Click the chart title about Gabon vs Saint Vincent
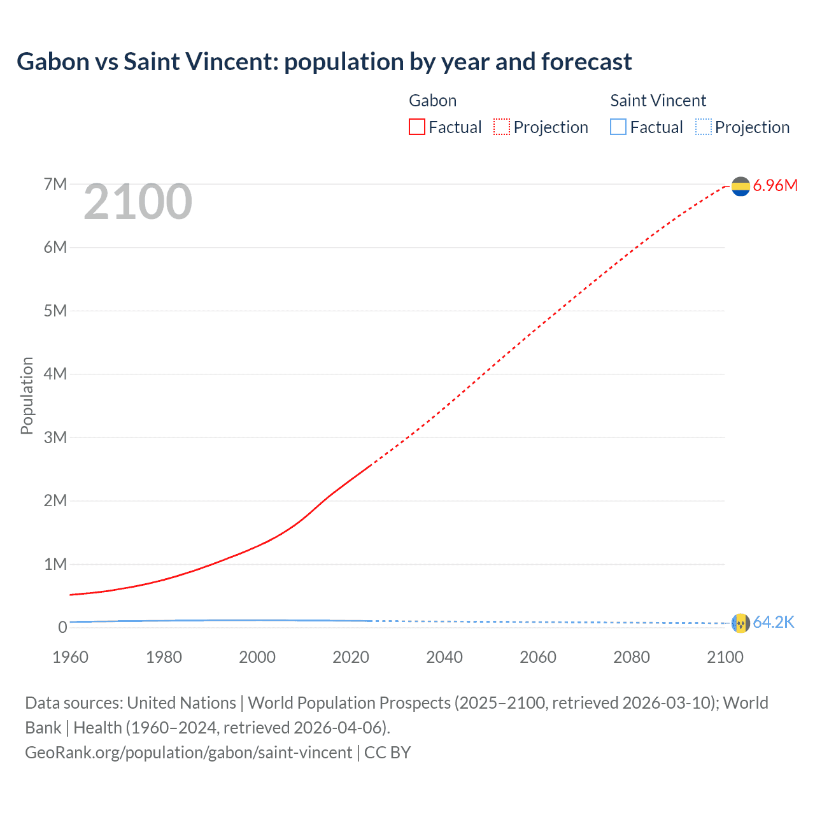coord(324,62)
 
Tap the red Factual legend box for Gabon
coord(416,127)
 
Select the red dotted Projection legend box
coord(502,127)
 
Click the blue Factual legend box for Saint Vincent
coord(618,127)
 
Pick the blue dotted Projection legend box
coord(704,127)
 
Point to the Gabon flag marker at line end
coord(741,186)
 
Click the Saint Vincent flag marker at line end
coord(741,623)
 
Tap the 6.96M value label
coord(775,186)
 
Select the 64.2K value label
coord(774,623)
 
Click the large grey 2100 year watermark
coord(138,202)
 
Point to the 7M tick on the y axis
coord(55,185)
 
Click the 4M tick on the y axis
coord(55,374)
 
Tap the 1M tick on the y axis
coord(55,564)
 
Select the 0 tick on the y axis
coord(62,627)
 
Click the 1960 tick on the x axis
coord(70,657)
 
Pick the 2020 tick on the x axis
coord(351,657)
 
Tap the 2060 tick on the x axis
coord(538,657)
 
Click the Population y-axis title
coord(27,395)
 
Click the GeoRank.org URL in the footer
coord(188,753)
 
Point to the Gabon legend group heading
coord(432,101)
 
